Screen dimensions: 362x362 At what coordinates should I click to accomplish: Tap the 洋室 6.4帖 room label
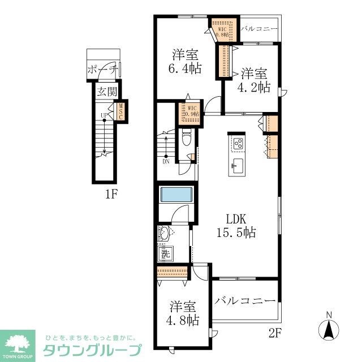185,63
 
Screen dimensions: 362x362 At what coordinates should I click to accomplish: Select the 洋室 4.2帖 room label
255,80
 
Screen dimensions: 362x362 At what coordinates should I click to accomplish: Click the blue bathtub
177,194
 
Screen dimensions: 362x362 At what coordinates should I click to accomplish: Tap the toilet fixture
187,138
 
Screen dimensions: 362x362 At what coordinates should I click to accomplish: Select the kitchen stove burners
238,143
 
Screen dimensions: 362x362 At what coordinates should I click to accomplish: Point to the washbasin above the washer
165,234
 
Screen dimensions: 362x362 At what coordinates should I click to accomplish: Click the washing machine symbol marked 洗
165,255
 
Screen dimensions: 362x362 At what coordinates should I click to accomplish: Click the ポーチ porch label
102,70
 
